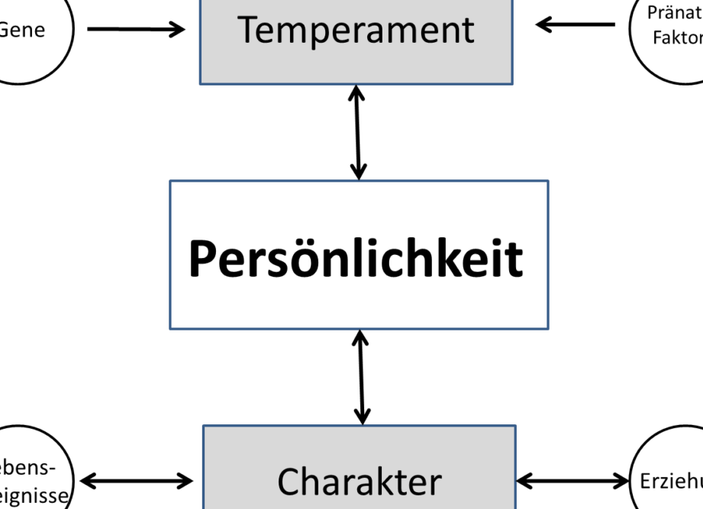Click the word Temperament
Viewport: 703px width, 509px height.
(x=356, y=31)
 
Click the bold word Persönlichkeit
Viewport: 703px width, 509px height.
(x=356, y=259)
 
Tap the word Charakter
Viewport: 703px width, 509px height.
(x=359, y=482)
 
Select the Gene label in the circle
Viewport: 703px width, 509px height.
(x=23, y=31)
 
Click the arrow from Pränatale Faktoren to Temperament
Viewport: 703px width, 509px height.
(x=576, y=25)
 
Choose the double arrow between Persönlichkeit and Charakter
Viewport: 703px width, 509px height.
(x=360, y=377)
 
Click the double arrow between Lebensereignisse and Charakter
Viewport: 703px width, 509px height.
(x=137, y=481)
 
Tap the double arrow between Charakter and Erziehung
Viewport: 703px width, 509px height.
(x=572, y=481)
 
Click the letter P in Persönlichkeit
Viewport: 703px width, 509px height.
(x=201, y=259)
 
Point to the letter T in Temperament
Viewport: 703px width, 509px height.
(x=249, y=29)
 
